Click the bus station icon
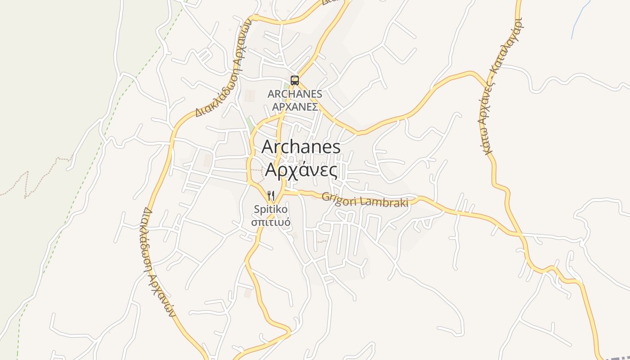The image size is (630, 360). click(295, 81)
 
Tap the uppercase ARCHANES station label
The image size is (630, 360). click(295, 94)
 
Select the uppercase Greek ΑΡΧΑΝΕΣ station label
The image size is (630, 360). click(295, 107)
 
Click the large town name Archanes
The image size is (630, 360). click(301, 147)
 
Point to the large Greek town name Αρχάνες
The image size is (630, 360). click(301, 170)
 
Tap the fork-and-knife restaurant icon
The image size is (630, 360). click(271, 195)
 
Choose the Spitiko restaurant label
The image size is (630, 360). click(270, 209)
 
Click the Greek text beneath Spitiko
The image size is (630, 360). click(270, 222)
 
